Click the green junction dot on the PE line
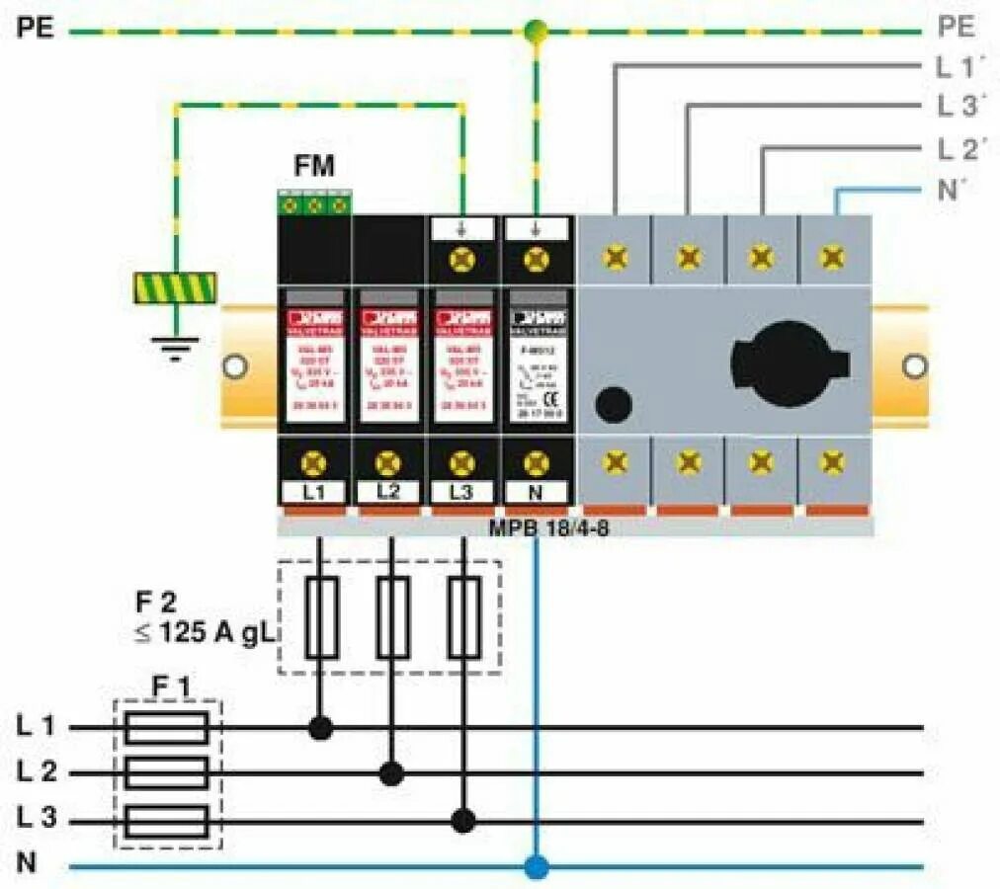(536, 32)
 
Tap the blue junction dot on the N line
(536, 868)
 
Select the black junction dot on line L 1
(320, 729)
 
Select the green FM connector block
(314, 204)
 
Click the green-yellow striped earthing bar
(175, 287)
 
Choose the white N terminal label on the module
(536, 492)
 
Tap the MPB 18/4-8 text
(549, 526)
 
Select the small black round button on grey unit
(615, 404)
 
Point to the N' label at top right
(951, 190)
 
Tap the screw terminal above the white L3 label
(461, 461)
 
